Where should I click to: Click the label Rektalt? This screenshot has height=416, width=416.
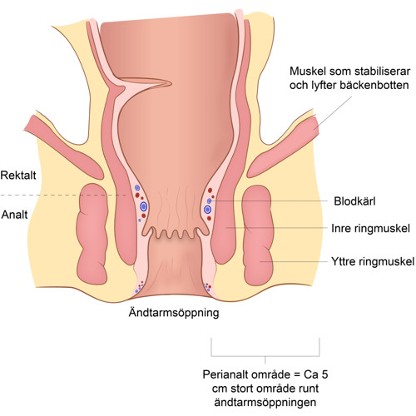pos(18,176)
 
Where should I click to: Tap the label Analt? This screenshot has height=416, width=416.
pos(15,215)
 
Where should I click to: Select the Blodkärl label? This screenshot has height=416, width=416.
pos(354,201)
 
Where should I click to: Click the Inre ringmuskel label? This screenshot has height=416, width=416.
pos(370,229)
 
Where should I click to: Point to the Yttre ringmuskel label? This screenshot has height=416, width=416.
pos(373,261)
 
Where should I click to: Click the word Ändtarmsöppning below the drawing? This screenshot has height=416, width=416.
pos(174,313)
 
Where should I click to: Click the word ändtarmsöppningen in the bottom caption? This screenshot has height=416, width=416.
pos(265,402)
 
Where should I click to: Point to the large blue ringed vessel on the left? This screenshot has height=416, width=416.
pos(143,206)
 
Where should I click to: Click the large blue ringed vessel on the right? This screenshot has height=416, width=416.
pos(207,210)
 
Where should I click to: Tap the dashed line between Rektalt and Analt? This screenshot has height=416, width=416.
pos(64,196)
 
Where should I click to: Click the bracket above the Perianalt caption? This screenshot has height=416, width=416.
pos(265,356)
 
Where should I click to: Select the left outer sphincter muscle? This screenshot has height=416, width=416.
pos(92,235)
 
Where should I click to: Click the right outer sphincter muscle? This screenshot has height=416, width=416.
pos(258,235)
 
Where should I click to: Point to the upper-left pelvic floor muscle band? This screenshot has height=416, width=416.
pos(64,147)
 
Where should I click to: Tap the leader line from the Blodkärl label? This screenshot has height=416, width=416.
pos(269,201)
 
